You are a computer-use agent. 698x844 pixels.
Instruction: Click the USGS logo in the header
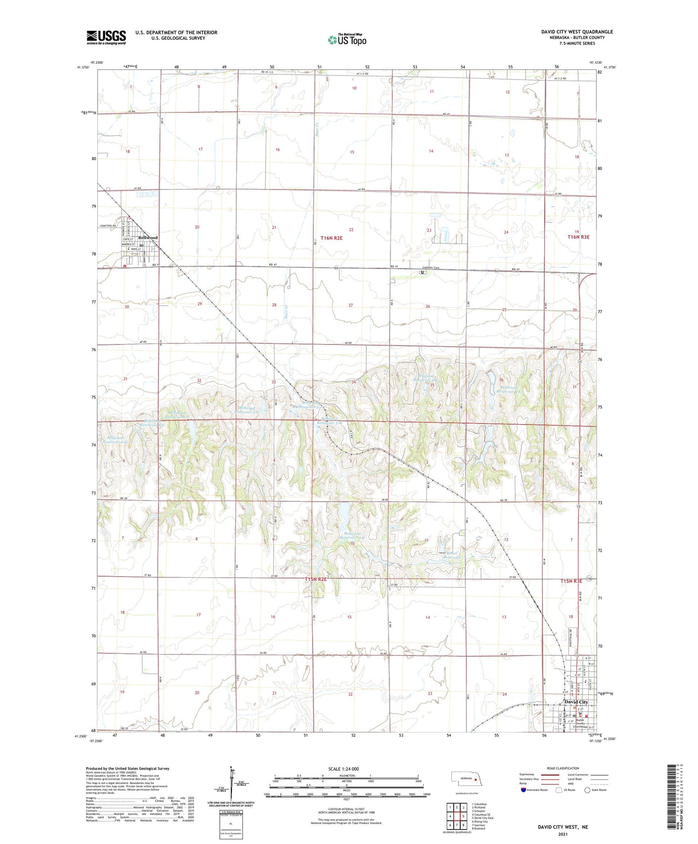click(x=106, y=37)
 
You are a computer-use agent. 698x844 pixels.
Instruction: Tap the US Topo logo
click(x=347, y=40)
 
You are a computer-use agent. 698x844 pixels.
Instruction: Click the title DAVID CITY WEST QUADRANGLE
click(x=577, y=32)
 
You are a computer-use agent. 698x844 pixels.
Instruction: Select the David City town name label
click(x=576, y=702)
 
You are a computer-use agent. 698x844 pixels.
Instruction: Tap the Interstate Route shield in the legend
click(x=523, y=790)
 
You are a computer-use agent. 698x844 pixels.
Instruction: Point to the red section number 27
click(x=350, y=305)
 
